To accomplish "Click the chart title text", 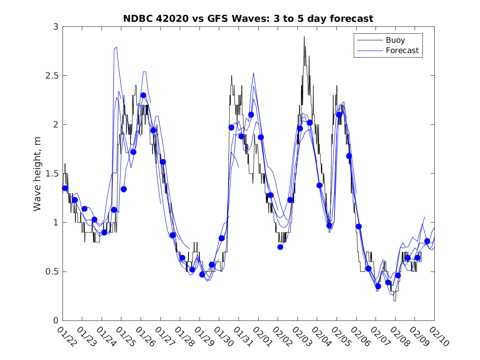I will point(248,19).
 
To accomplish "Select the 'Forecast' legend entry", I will point(402,51).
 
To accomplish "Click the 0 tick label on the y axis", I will point(55,321).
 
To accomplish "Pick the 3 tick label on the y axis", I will point(55,27).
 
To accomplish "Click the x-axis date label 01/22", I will point(66,336).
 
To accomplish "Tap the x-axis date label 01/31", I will point(241,336).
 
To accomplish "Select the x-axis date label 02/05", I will point(339,336).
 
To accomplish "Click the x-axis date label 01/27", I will point(163,336).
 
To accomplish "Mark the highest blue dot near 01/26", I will point(143,95).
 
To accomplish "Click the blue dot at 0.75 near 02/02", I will point(280,247).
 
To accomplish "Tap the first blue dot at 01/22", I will point(65,188).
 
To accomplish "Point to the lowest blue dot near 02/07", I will point(378,286).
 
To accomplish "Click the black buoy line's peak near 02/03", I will point(304,37).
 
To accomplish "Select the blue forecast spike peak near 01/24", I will point(116,47).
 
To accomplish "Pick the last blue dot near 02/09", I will point(427,241).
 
